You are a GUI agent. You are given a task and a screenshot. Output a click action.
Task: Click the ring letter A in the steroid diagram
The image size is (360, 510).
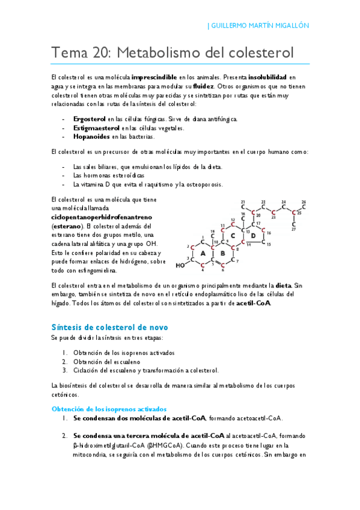[203, 254]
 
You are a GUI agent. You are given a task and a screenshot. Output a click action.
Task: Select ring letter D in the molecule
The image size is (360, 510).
[253, 235]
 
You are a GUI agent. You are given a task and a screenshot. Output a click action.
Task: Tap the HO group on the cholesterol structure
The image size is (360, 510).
[180, 265]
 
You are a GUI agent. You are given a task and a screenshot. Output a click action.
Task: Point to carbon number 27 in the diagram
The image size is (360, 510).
[293, 229]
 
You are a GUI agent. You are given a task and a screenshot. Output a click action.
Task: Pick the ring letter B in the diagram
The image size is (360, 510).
[222, 254]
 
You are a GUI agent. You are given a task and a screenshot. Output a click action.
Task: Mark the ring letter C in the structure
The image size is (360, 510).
[233, 235]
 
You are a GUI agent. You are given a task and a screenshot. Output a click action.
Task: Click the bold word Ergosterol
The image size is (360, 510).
[90, 119]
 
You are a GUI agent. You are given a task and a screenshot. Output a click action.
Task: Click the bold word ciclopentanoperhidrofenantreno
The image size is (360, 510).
[102, 216]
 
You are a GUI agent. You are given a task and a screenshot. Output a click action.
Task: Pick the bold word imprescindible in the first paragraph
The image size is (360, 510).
[154, 78]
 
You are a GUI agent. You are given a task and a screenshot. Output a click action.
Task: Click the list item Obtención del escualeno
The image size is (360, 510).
[106, 361]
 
